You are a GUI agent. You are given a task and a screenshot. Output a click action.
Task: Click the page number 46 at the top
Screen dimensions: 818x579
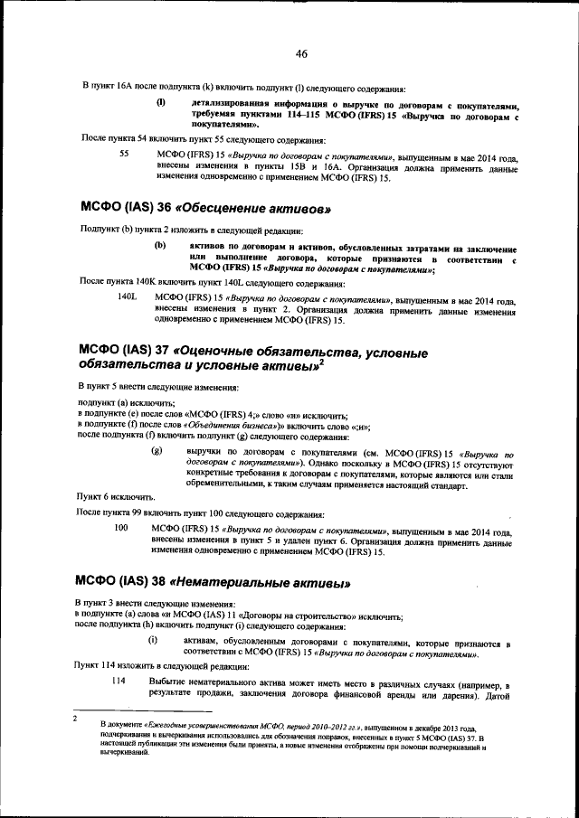coord(301,54)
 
